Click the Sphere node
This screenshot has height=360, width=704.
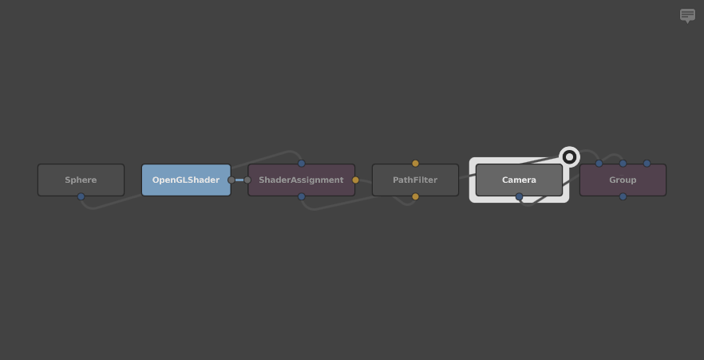(x=81, y=180)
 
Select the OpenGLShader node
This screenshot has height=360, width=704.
(x=186, y=180)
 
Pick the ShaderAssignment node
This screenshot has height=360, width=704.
(x=301, y=180)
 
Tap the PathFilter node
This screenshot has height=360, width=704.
(x=415, y=180)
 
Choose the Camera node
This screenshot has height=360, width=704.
(x=519, y=180)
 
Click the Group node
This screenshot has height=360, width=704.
(x=623, y=180)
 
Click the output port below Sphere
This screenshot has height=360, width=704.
(x=81, y=196)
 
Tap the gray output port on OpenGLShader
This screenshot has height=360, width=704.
(x=231, y=180)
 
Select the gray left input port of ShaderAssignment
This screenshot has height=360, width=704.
(x=247, y=180)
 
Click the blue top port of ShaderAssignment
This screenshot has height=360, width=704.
(x=301, y=164)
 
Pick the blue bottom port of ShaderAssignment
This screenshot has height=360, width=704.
(x=301, y=196)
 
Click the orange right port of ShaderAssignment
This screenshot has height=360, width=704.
(x=356, y=180)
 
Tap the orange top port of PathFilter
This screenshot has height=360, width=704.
(x=415, y=164)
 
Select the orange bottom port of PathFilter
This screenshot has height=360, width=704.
(x=415, y=196)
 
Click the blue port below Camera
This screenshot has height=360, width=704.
(x=519, y=196)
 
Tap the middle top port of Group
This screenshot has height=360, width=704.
(x=623, y=164)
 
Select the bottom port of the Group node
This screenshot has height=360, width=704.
(x=623, y=196)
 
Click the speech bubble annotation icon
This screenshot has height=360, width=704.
(x=687, y=16)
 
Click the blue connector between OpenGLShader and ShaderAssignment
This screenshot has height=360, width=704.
(x=239, y=180)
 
